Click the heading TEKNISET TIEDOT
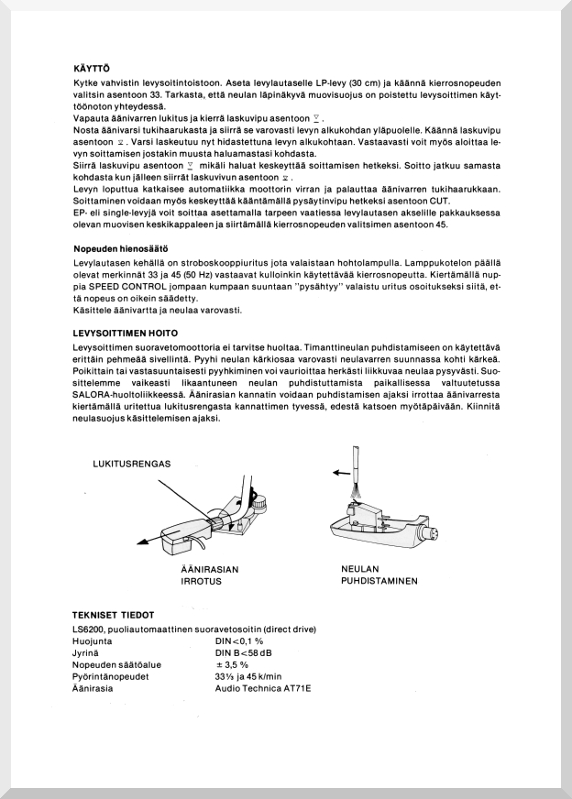(113, 614)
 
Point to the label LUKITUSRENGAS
(132, 464)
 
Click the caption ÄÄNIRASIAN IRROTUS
(210, 575)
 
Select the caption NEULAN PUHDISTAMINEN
(379, 575)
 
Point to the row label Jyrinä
(87, 653)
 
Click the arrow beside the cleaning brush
(341, 473)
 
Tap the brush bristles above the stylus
(356, 493)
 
